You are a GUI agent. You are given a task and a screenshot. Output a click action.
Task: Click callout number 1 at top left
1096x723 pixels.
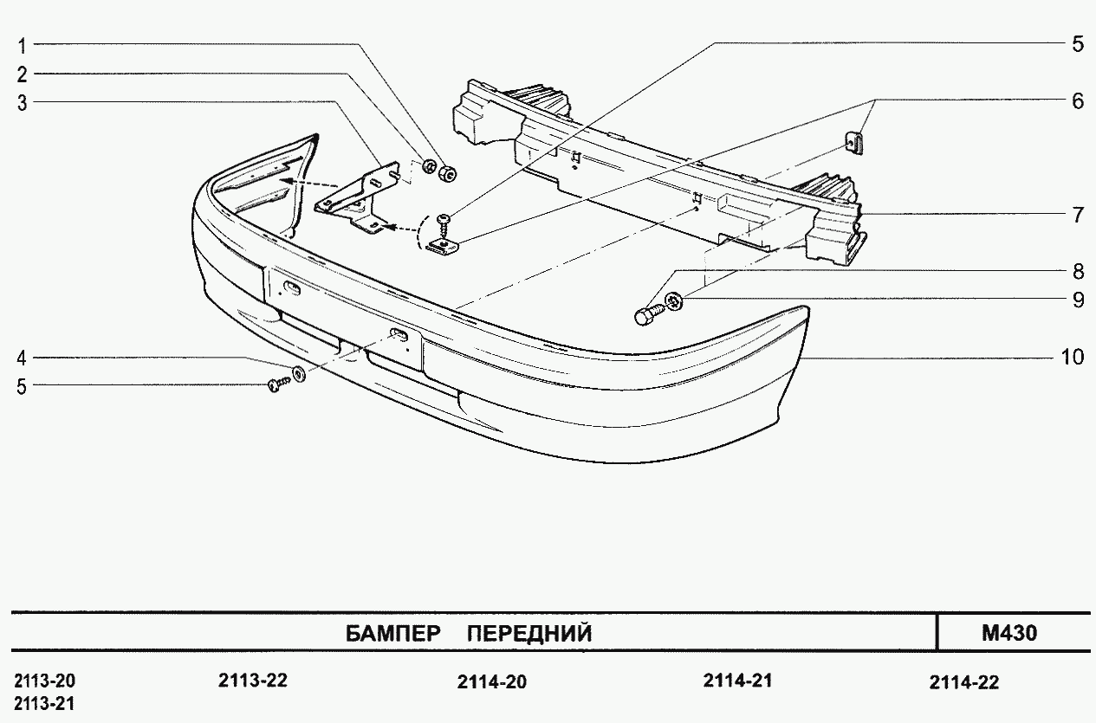[x=22, y=46]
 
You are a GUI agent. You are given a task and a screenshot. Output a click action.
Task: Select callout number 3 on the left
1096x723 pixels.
[x=22, y=103]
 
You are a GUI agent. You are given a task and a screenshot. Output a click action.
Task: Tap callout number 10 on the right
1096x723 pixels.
[x=1073, y=357]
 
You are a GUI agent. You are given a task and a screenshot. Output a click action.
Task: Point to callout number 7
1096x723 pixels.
[x=1078, y=215]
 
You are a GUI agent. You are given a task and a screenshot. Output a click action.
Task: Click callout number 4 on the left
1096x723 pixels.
[x=22, y=358]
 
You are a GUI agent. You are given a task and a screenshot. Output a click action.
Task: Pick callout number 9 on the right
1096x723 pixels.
[x=1079, y=300]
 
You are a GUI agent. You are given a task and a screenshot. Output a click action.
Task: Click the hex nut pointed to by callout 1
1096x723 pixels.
[x=448, y=173]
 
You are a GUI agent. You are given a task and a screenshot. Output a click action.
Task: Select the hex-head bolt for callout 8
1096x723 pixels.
[x=649, y=313]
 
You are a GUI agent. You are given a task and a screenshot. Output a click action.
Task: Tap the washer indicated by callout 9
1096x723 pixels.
[x=674, y=300]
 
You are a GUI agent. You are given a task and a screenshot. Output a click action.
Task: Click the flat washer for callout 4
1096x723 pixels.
[x=298, y=375]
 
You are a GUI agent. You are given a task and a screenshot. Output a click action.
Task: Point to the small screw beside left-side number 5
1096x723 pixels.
[x=278, y=385]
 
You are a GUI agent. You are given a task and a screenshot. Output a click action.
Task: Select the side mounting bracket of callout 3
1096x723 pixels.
[x=356, y=197]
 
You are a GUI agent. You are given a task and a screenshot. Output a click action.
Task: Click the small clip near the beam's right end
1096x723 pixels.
[x=853, y=143]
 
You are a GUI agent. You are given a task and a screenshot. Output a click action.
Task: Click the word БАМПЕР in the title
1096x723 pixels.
[x=392, y=634]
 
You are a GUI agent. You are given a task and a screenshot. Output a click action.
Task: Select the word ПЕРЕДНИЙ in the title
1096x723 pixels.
[x=529, y=634]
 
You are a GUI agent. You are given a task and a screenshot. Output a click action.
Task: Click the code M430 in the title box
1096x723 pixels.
[x=1009, y=633]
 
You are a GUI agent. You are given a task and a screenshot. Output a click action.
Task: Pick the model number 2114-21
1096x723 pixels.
[x=738, y=681]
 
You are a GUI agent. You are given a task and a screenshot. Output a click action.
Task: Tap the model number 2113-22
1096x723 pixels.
[x=253, y=681]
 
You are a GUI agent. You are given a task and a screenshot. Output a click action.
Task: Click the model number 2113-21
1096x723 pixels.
[x=44, y=704]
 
